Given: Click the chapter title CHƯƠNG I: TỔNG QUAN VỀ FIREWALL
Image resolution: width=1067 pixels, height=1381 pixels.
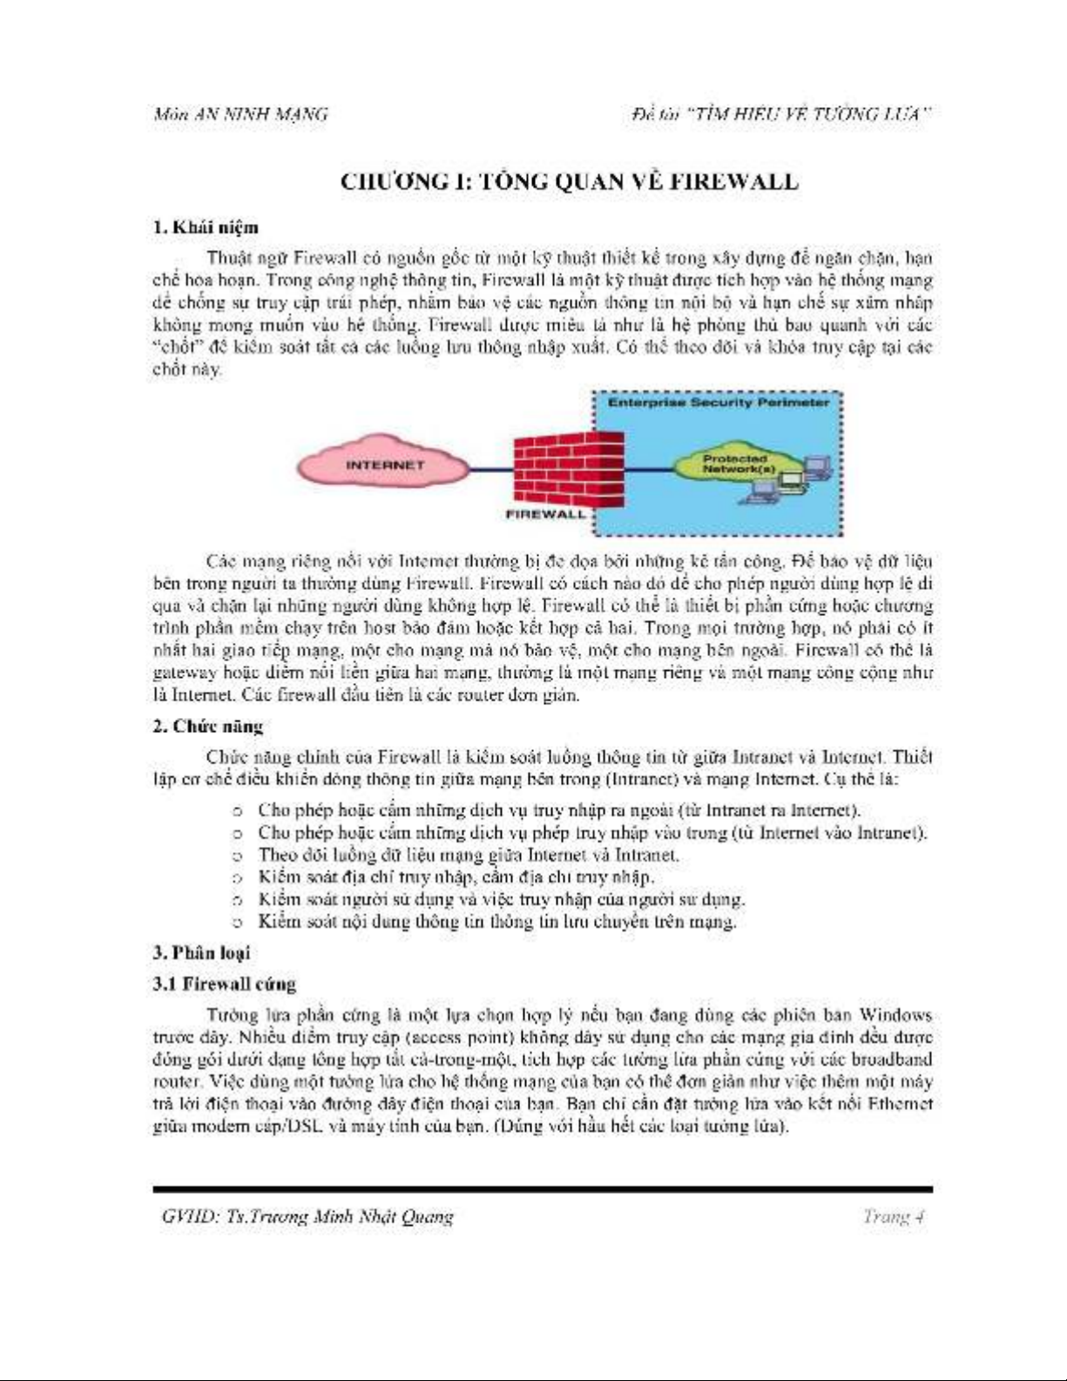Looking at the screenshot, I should click(568, 181).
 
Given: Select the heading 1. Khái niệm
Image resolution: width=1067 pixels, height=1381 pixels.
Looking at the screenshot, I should click(206, 227).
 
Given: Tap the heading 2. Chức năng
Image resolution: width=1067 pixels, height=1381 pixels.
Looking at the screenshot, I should click(208, 726).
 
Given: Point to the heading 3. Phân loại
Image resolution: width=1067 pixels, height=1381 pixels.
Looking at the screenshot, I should click(201, 952).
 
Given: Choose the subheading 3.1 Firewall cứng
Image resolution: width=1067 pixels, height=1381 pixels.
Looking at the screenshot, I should click(225, 984).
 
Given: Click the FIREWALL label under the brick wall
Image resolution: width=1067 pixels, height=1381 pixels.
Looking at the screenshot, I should click(545, 514).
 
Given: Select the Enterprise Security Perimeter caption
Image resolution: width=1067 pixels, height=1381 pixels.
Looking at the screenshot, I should click(718, 403).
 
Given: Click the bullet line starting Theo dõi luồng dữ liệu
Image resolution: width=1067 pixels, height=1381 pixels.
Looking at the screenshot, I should click(468, 855).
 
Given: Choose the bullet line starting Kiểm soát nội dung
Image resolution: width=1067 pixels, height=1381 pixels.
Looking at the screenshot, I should click(496, 921).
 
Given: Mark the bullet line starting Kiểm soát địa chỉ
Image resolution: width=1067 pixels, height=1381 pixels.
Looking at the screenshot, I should click(456, 877).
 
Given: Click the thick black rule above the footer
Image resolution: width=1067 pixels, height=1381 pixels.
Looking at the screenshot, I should click(542, 1188).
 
